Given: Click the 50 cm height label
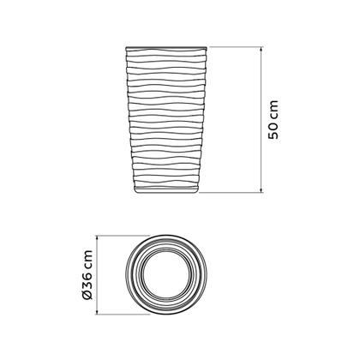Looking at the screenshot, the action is pyautogui.click(x=273, y=120).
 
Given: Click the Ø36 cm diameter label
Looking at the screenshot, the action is pyautogui.click(x=87, y=275).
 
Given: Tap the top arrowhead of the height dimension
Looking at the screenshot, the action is pyautogui.click(x=261, y=49).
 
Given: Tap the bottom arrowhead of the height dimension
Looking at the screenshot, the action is pyautogui.click(x=261, y=190).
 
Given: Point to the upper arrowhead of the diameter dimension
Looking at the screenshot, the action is pyautogui.click(x=98, y=238).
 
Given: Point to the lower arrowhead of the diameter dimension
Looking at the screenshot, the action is pyautogui.click(x=98, y=312).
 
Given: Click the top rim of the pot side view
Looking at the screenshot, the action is pyautogui.click(x=166, y=47).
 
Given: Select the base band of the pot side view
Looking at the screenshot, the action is pyautogui.click(x=166, y=189).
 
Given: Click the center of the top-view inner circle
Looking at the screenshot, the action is pyautogui.click(x=166, y=275).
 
